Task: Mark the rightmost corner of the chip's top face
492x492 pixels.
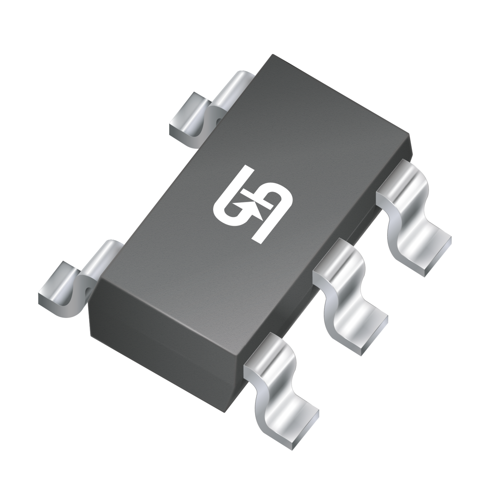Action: pyautogui.click(x=409, y=134)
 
